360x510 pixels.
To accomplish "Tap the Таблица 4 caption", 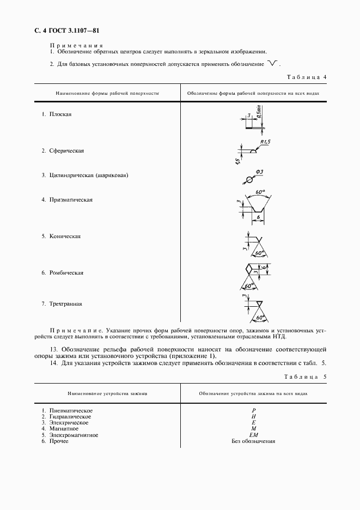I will coord(306,77).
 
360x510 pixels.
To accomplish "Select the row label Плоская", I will coord(60,114).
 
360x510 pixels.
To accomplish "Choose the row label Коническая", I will coord(65,236).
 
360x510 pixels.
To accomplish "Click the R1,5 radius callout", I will coord(265,143).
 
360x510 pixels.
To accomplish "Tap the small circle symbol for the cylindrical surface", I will coord(249,179).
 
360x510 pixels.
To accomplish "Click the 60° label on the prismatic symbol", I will coord(259,192).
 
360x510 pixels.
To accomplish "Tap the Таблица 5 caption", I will coord(306,377).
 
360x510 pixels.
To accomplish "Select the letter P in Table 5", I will coord(253,410).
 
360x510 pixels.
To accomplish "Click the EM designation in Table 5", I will coord(253,435).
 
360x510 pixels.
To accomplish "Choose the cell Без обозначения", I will coord(253,441).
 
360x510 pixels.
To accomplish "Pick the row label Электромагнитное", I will coord(74,435).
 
